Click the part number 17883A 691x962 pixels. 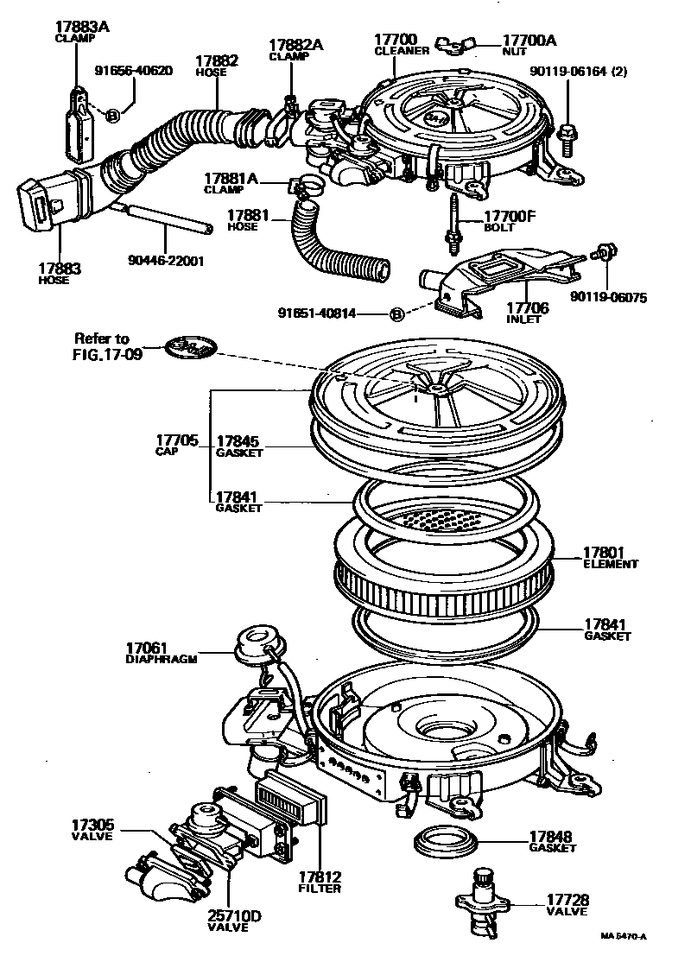82,27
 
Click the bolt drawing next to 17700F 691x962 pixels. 452,223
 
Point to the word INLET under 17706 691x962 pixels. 524,319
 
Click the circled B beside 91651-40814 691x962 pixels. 396,314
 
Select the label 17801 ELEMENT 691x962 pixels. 610,558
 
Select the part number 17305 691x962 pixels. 92,826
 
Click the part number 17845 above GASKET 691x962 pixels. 238,440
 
